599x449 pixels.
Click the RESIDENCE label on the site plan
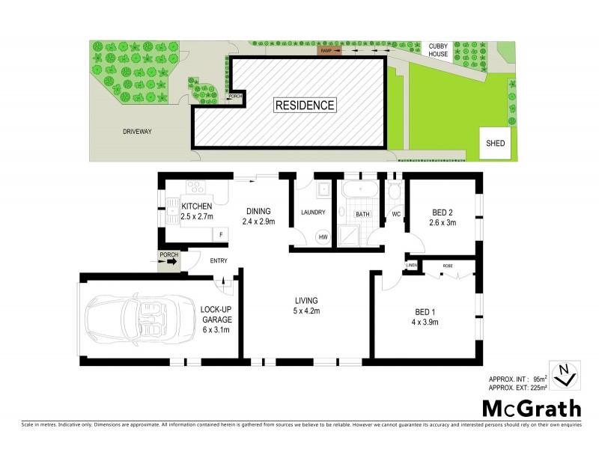[305, 105]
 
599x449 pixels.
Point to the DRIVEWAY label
[137, 132]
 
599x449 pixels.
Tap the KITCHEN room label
[197, 207]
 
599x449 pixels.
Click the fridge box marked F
[220, 235]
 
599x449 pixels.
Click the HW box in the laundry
[323, 237]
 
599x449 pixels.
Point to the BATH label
[362, 214]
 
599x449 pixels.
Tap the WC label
[395, 214]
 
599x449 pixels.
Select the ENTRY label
[219, 260]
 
